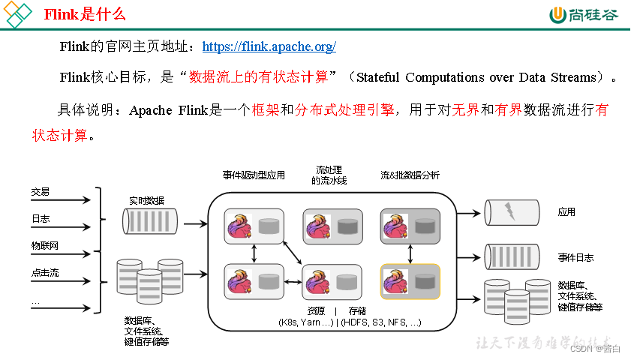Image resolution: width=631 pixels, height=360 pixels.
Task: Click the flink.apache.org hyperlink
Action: click(269, 46)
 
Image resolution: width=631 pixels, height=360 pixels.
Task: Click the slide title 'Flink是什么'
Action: click(85, 14)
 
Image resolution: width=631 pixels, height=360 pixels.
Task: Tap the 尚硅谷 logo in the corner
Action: click(584, 14)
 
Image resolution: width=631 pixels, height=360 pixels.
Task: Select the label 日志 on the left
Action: click(41, 219)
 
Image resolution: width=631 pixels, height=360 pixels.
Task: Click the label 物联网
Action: click(44, 246)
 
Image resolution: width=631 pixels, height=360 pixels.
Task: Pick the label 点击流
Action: click(44, 273)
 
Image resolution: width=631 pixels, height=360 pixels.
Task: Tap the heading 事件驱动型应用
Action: click(254, 175)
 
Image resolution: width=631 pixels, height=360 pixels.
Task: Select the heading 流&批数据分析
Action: click(410, 175)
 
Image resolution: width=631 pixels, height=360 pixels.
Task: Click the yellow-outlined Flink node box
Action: click(410, 281)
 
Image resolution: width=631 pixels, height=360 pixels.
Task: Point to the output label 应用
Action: click(566, 212)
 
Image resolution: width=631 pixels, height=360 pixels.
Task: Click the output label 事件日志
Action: click(575, 257)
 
